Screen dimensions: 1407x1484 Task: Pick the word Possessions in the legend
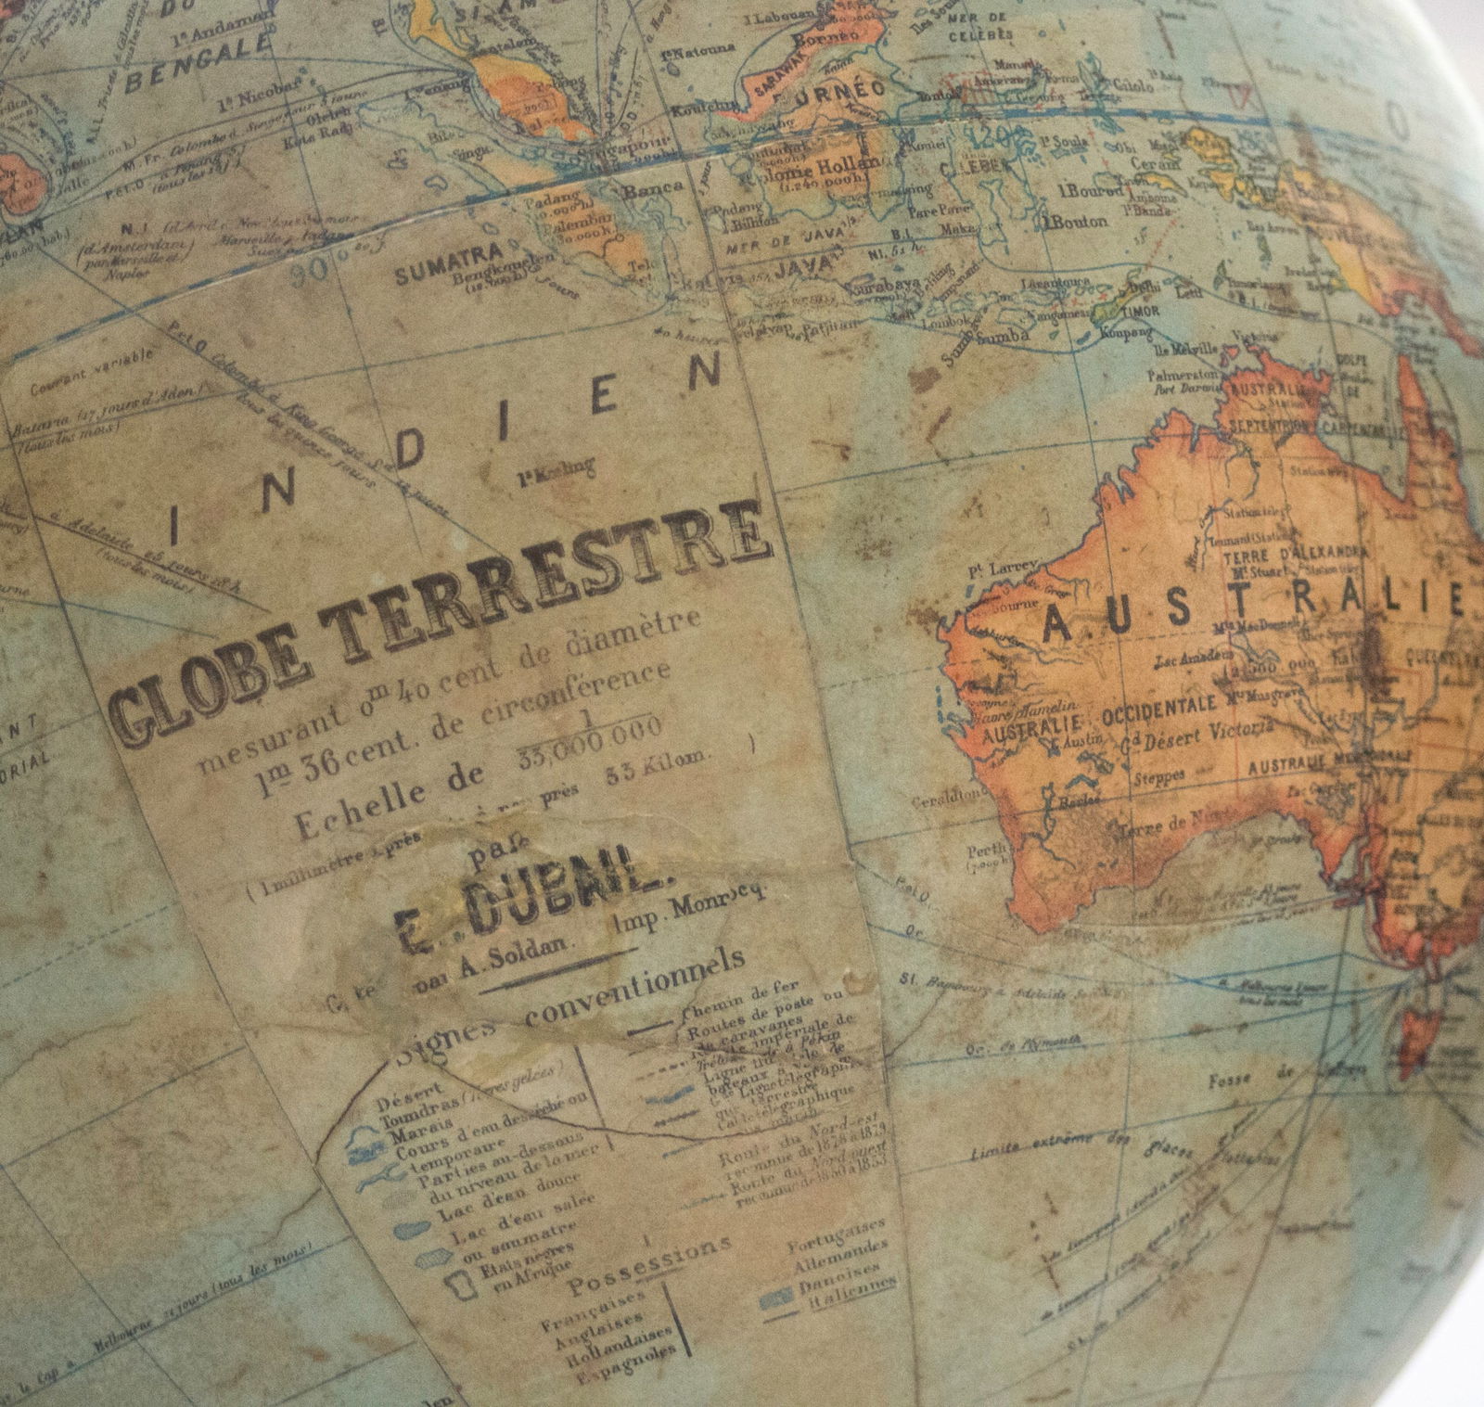[x=649, y=1262]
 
